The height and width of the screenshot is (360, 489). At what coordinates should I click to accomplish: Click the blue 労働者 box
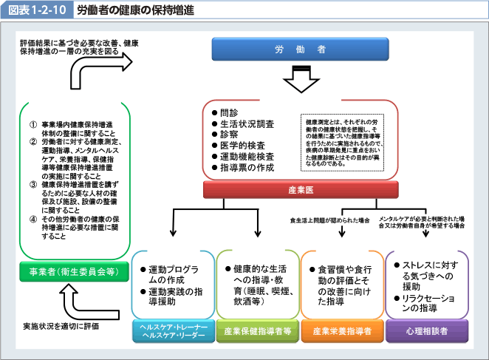(301, 50)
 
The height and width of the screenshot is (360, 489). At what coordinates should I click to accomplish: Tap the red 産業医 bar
(301, 189)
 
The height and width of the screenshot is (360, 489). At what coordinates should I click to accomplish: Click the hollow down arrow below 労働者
(301, 79)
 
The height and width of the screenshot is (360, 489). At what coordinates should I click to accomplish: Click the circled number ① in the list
(33, 123)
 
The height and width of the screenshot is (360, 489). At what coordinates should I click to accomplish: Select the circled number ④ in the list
(33, 219)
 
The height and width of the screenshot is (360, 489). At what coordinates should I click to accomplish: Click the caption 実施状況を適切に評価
(61, 325)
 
